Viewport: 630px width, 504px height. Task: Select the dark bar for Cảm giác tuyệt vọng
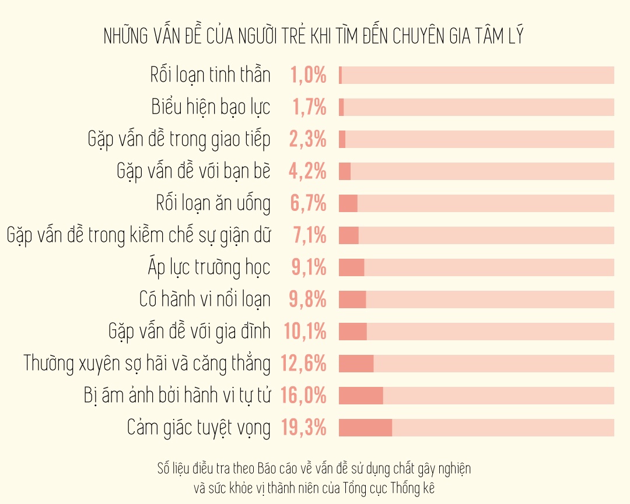pyautogui.click(x=365, y=428)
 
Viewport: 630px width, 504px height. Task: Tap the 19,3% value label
pyautogui.click(x=303, y=428)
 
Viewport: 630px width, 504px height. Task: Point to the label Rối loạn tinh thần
pyautogui.click(x=210, y=75)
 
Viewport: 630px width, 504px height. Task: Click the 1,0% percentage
pyautogui.click(x=308, y=75)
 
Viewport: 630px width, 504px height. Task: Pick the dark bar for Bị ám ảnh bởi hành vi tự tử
pyautogui.click(x=360, y=396)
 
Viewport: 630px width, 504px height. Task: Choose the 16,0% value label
pyautogui.click(x=303, y=396)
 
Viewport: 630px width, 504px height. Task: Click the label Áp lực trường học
pyautogui.click(x=209, y=267)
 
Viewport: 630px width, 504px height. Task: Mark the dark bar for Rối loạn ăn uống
pyautogui.click(x=348, y=203)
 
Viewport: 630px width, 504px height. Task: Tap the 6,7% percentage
pyautogui.click(x=308, y=203)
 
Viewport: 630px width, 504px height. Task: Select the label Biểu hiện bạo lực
pyautogui.click(x=211, y=107)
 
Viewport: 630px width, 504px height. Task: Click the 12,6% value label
pyautogui.click(x=303, y=364)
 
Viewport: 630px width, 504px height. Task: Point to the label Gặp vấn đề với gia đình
pyautogui.click(x=190, y=332)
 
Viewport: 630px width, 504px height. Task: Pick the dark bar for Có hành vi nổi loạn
pyautogui.click(x=352, y=299)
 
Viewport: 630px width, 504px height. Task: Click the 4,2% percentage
pyautogui.click(x=308, y=171)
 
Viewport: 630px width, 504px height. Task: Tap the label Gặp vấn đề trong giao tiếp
pyautogui.click(x=179, y=139)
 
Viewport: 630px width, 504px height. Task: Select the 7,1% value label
pyautogui.click(x=310, y=235)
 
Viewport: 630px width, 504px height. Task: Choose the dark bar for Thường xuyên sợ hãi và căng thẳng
pyautogui.click(x=356, y=364)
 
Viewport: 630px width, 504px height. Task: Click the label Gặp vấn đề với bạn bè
pyautogui.click(x=194, y=171)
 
